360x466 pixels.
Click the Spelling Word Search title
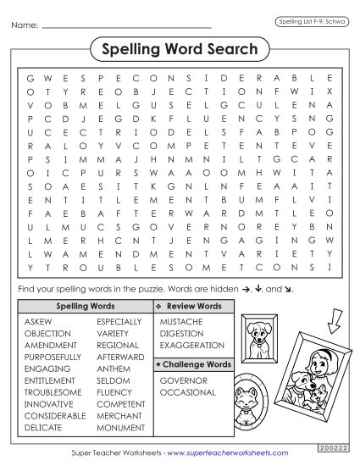pos(180,49)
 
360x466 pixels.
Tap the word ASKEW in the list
pos(37,322)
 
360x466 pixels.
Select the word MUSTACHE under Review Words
pos(180,322)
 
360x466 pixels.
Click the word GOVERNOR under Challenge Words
pos(183,381)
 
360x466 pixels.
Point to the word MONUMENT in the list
pos(119,429)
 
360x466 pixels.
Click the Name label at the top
pos(25,26)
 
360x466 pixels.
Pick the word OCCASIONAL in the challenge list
pos(187,393)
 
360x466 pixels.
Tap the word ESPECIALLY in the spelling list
pos(119,322)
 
